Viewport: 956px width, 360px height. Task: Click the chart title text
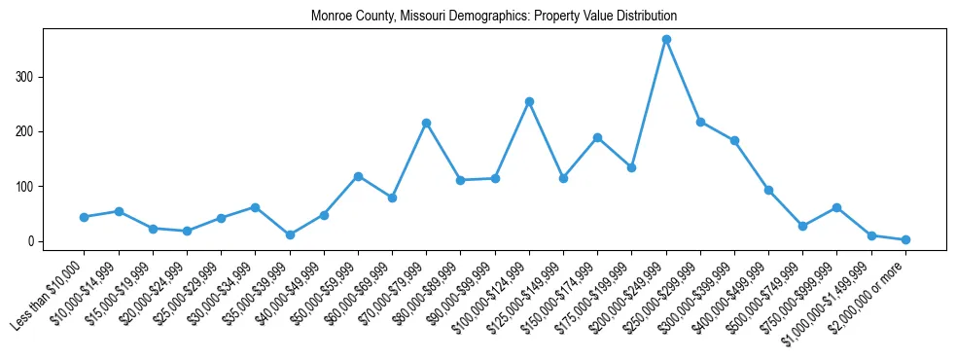pyautogui.click(x=493, y=17)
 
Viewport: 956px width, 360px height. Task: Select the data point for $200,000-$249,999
pyautogui.click(x=666, y=39)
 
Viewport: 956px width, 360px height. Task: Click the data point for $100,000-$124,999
pyautogui.click(x=529, y=101)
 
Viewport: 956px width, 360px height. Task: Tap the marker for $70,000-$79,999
pyautogui.click(x=426, y=123)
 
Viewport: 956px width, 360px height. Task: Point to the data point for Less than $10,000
pyautogui.click(x=85, y=217)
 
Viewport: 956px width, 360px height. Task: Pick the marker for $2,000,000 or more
pyautogui.click(x=905, y=239)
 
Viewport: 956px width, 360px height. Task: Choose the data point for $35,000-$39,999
pyautogui.click(x=290, y=234)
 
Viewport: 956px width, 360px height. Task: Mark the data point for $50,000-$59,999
pyautogui.click(x=358, y=176)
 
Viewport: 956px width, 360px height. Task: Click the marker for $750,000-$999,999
pyautogui.click(x=837, y=207)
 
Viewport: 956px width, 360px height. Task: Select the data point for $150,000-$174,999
pyautogui.click(x=597, y=137)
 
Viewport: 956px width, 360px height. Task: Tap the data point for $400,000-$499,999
pyautogui.click(x=768, y=190)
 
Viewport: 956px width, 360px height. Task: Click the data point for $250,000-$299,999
pyautogui.click(x=700, y=122)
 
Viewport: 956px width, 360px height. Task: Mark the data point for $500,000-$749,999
pyautogui.click(x=802, y=226)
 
